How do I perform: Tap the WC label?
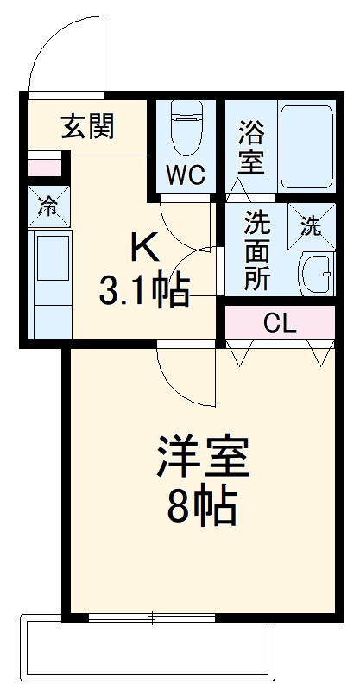click(x=186, y=174)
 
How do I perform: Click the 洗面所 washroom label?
click(x=256, y=250)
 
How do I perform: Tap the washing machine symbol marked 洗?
click(x=311, y=226)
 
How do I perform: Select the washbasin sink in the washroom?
click(x=314, y=275)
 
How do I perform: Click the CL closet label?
click(x=280, y=325)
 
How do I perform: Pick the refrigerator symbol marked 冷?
click(x=48, y=206)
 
